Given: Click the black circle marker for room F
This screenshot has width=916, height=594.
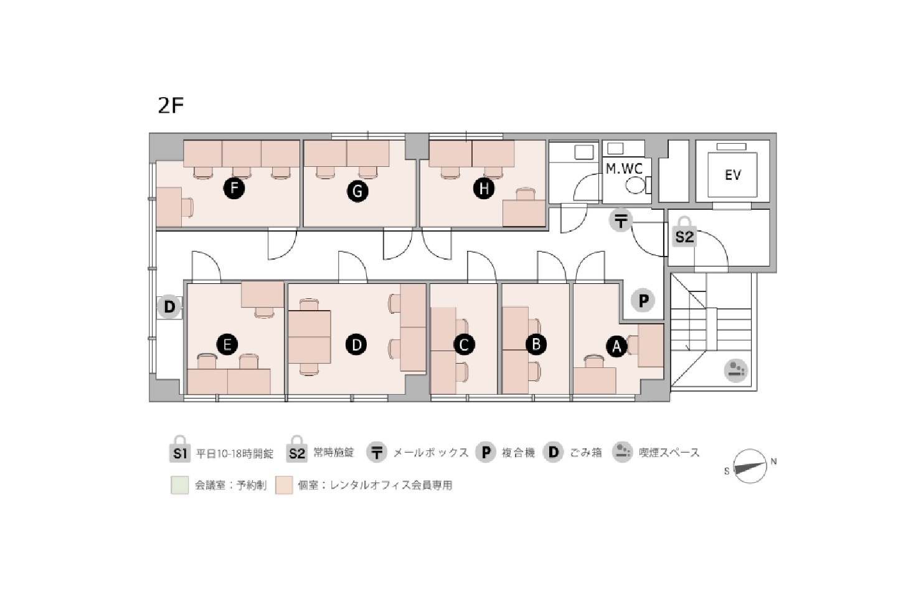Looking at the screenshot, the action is click(234, 189).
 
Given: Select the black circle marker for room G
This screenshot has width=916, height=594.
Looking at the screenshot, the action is click(357, 191).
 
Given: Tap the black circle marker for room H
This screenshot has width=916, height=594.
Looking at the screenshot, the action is click(484, 189).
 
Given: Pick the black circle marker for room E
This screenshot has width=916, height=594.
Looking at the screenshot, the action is click(227, 344).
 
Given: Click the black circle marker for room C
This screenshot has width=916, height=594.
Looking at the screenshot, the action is click(464, 344).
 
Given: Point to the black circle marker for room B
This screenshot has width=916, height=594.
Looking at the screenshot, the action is click(536, 344).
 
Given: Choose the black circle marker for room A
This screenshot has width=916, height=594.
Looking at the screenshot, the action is click(616, 347).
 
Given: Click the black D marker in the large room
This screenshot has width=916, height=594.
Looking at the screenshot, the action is click(356, 344).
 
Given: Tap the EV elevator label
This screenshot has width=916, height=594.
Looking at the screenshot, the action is click(733, 176).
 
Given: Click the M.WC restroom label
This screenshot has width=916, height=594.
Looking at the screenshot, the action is click(624, 169).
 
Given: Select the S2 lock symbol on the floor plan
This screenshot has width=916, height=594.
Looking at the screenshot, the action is click(684, 232).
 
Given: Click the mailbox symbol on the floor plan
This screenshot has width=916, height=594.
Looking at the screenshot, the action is click(621, 221).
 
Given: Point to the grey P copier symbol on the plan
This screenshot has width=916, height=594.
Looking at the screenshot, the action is click(643, 301).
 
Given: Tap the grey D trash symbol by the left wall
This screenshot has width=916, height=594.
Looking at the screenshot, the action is click(169, 306).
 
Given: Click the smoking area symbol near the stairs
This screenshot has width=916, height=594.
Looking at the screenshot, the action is click(736, 370).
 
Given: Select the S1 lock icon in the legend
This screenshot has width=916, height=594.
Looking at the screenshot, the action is click(180, 449).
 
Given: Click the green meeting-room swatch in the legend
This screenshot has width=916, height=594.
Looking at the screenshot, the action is click(179, 485).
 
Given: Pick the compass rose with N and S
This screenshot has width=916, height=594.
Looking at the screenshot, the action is click(750, 466).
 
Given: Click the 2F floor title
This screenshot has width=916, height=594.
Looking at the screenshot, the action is click(171, 105).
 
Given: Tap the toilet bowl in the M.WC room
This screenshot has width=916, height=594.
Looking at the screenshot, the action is click(635, 186).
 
